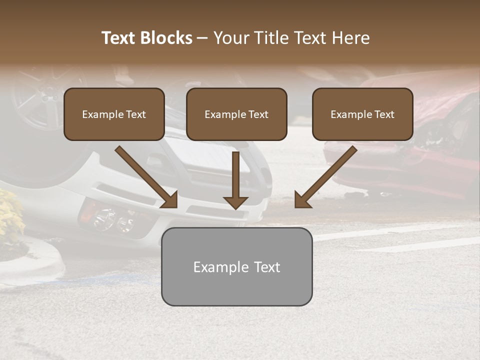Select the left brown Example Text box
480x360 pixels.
pos(114,114)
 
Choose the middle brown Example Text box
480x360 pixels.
pos(236,114)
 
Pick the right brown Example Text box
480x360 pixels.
pos(362,114)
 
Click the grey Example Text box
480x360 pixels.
pos(236,266)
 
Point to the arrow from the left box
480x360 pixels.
pos(147,177)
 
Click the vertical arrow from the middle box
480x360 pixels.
pos(235,180)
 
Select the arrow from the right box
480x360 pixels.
pos(325,177)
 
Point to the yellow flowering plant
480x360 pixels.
pos(10,215)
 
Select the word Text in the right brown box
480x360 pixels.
pos(384,114)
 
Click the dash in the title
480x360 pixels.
pos(202,38)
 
